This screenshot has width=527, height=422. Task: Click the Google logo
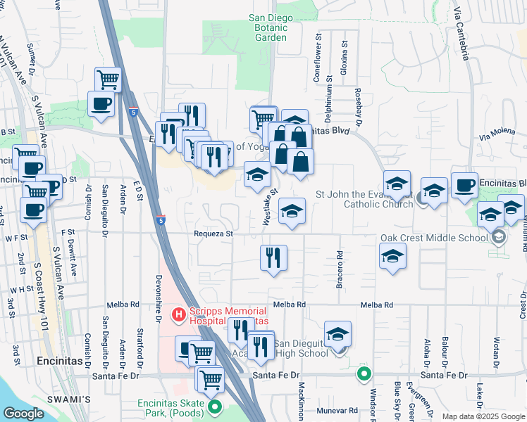tap(23, 414)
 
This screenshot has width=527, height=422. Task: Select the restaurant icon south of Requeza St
tap(273, 258)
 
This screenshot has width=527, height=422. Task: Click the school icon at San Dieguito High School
tap(338, 334)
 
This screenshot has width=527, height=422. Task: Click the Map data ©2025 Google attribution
tap(484, 416)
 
